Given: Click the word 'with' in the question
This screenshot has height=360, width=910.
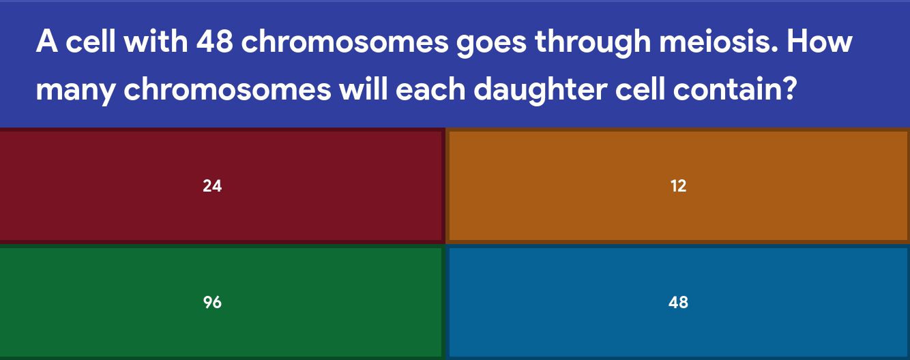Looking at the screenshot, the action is pyautogui.click(x=156, y=41).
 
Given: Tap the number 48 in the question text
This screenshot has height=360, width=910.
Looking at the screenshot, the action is pyautogui.click(x=214, y=42).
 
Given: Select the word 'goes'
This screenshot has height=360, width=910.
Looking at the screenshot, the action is pyautogui.click(x=491, y=44).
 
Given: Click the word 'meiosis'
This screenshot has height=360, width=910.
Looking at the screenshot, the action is pyautogui.click(x=718, y=41).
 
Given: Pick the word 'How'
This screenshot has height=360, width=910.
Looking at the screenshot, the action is pyautogui.click(x=819, y=42).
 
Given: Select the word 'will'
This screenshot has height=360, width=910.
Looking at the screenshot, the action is pyautogui.click(x=363, y=88).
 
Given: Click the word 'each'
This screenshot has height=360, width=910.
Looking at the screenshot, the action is pyautogui.click(x=430, y=88).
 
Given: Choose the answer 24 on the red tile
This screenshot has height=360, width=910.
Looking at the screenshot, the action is pyautogui.click(x=212, y=186).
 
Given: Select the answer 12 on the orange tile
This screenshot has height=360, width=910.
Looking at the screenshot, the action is pyautogui.click(x=679, y=186).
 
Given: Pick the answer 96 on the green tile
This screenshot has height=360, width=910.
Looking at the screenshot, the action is pyautogui.click(x=212, y=302).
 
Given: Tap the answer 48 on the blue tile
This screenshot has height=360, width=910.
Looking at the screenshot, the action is pyautogui.click(x=678, y=302).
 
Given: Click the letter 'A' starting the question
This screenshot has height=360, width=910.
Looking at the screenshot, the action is pyautogui.click(x=46, y=42).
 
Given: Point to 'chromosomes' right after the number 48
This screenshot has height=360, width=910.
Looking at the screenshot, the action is pyautogui.click(x=345, y=41).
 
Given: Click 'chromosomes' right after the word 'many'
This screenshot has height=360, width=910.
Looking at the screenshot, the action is pyautogui.click(x=228, y=88).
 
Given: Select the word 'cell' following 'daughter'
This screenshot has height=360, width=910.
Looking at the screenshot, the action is pyautogui.click(x=640, y=88).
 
